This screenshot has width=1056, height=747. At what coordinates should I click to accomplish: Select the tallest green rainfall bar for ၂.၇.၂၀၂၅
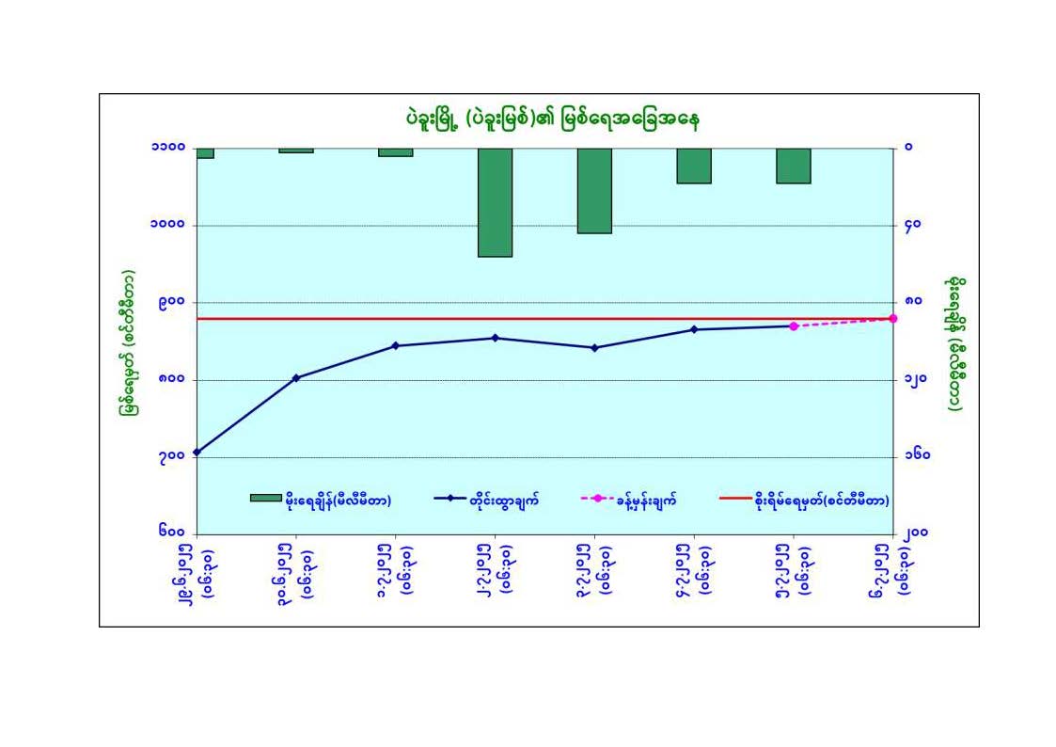click(x=495, y=201)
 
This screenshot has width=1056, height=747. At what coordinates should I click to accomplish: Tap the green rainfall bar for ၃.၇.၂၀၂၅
click(x=594, y=190)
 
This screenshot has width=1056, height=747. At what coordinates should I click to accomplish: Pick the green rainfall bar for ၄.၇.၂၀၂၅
click(x=693, y=165)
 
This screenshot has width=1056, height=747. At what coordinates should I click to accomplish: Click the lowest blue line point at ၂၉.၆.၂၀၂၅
click(x=197, y=453)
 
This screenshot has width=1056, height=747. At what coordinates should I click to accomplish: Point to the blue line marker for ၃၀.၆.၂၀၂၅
click(x=296, y=378)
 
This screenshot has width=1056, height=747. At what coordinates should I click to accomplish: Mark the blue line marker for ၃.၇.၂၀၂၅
click(x=594, y=348)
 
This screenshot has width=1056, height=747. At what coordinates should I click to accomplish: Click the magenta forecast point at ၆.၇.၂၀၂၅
click(x=892, y=319)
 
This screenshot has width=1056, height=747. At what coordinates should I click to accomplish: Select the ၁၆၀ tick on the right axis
click(x=918, y=457)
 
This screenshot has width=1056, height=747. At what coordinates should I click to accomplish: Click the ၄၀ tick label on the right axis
click(x=913, y=226)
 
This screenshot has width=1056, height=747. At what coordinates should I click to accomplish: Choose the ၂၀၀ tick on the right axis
click(x=918, y=533)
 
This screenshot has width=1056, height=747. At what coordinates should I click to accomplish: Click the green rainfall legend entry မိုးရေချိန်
click(x=321, y=501)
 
